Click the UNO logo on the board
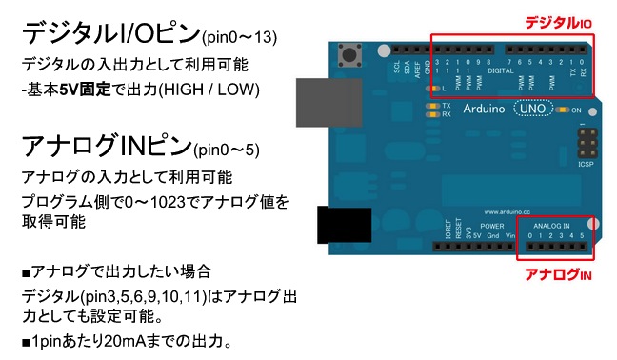529,110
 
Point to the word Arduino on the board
485,110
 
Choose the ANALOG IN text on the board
552,226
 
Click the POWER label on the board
492,226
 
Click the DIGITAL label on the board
500,70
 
